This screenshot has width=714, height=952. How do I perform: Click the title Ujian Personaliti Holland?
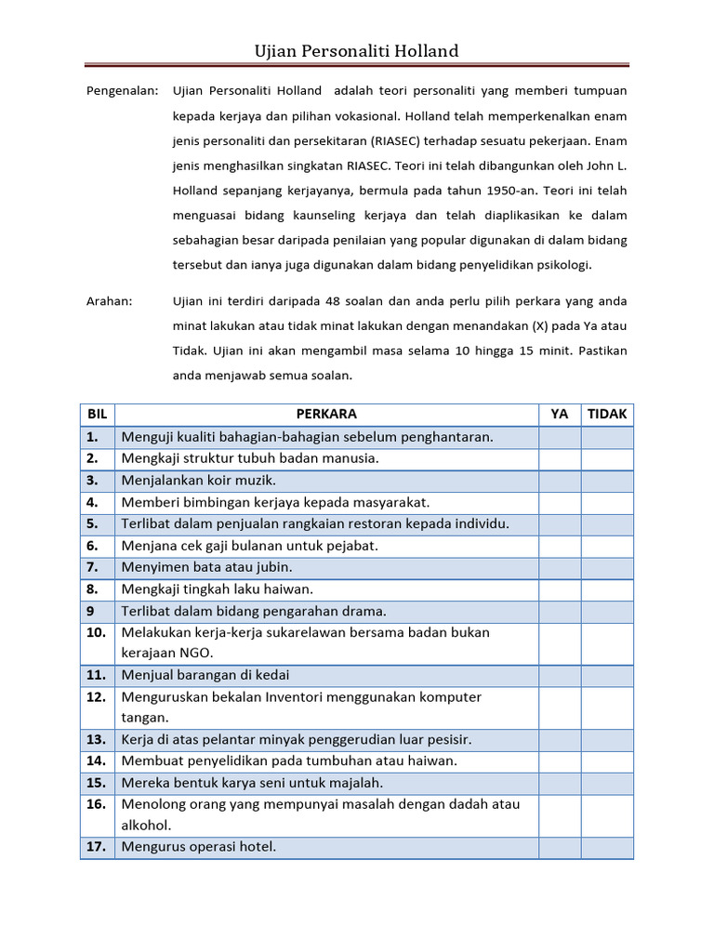pos(357,51)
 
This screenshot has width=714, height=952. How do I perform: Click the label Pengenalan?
pos(123,91)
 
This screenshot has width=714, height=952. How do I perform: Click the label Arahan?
pos(110,301)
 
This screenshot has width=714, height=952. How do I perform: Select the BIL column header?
pos(98,415)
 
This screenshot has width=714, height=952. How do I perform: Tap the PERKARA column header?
pos(326,415)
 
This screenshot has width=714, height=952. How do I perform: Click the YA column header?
pos(560,415)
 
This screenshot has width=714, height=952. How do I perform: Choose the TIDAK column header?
pos(607,415)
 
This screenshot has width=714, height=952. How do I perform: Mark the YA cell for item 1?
pos(560,437)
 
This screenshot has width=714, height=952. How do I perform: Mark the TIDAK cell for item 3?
pos(607,481)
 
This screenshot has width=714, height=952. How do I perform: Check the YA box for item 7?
pos(560,567)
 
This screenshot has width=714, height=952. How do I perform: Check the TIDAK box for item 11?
pos(607,675)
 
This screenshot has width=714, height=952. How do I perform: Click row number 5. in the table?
pos(93,524)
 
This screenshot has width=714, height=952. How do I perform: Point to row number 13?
pos(97,740)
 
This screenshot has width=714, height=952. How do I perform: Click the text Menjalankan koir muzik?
pos(199,481)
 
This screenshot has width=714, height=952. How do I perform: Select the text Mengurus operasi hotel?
pos(199,847)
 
